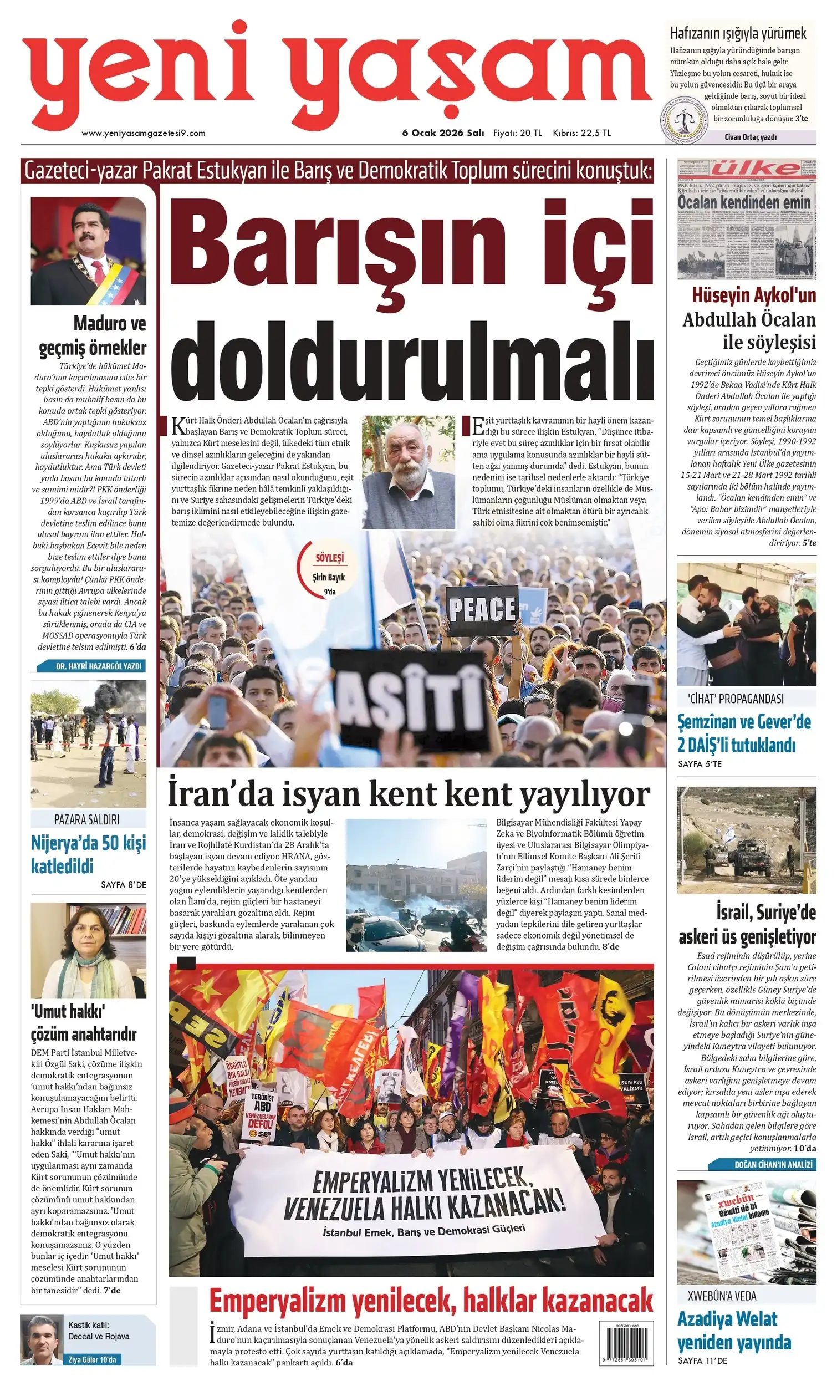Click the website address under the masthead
[144, 133]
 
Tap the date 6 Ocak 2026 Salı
[443, 133]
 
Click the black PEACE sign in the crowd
[482, 609]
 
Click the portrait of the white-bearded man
[408, 472]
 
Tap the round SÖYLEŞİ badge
[329, 568]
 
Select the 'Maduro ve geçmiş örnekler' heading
[93, 335]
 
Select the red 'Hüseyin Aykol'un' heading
[754, 295]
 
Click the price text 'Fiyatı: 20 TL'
[518, 133]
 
